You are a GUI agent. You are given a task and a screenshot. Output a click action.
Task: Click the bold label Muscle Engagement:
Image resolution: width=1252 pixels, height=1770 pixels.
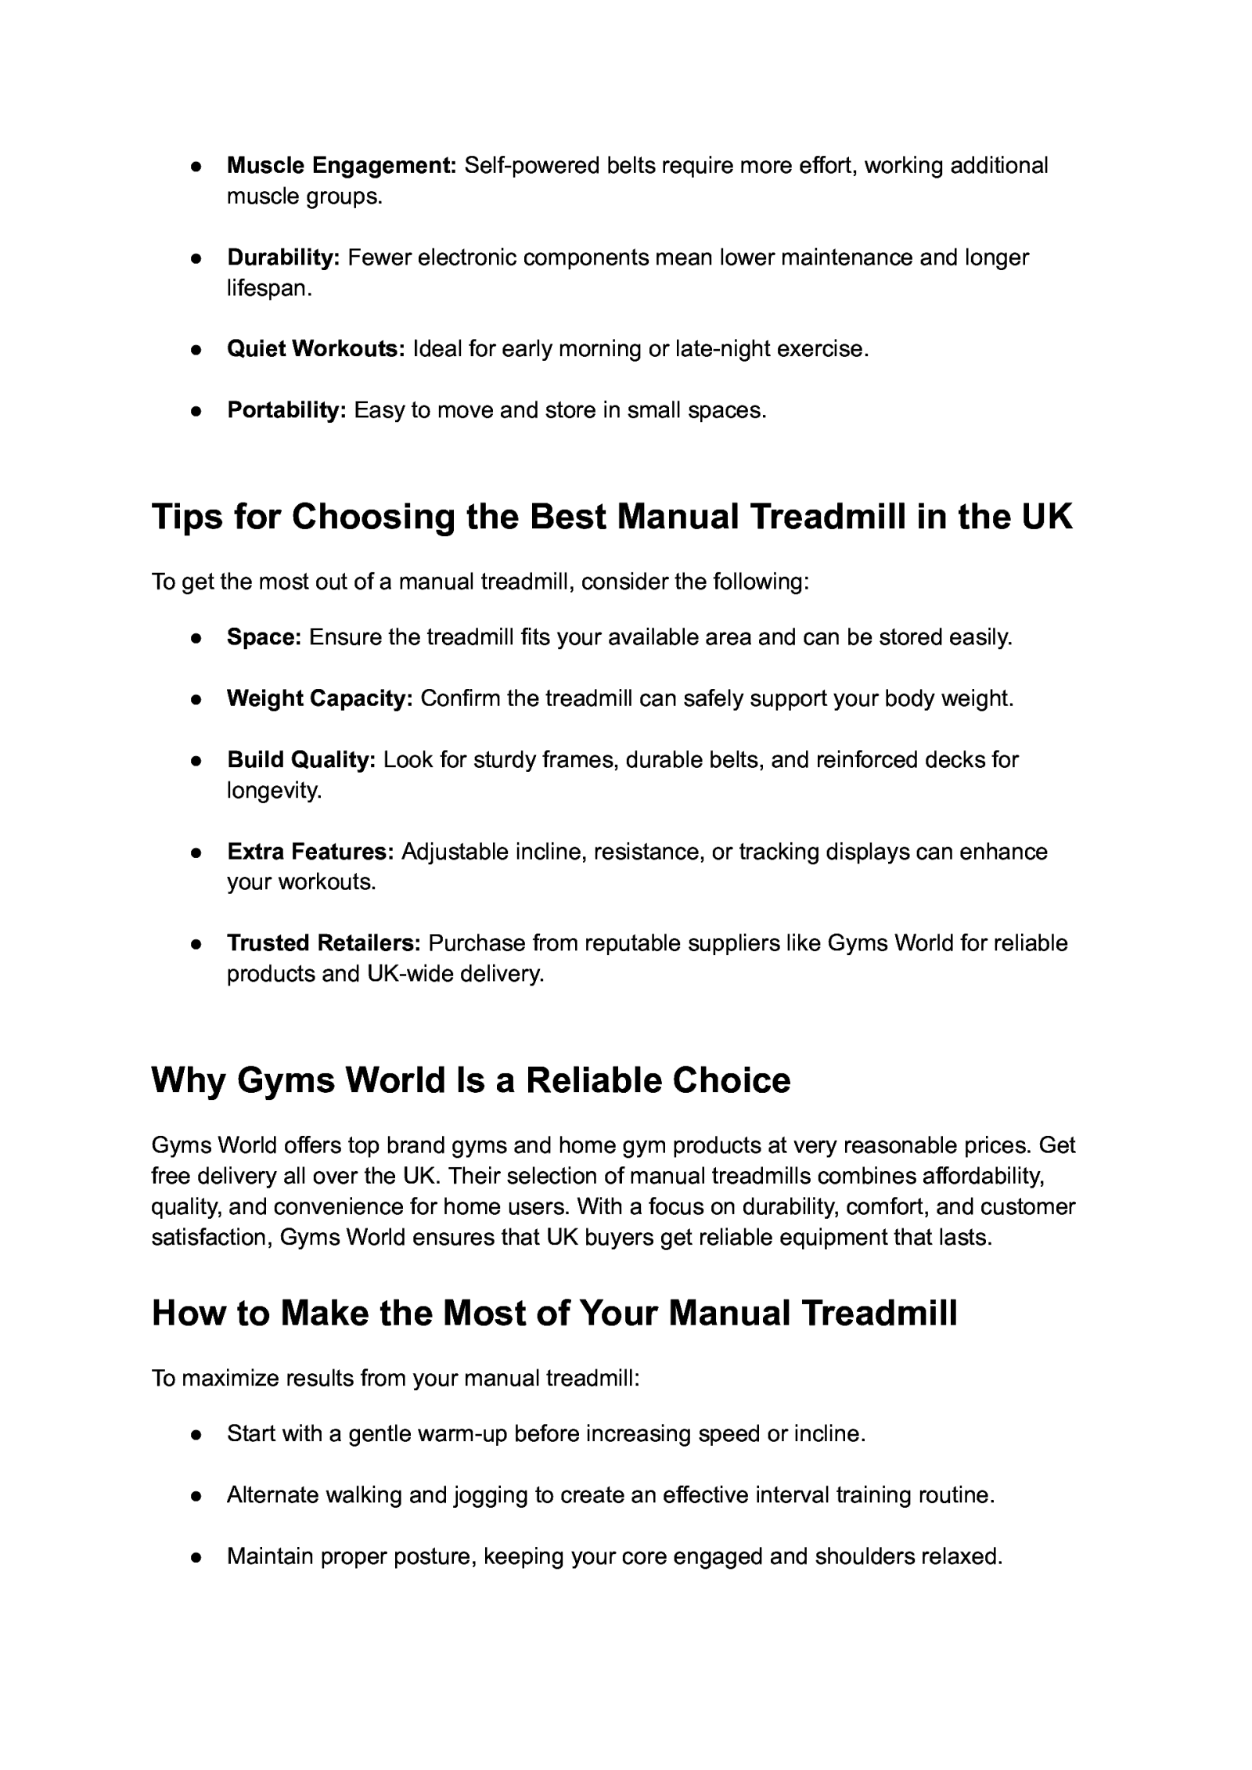[x=341, y=166]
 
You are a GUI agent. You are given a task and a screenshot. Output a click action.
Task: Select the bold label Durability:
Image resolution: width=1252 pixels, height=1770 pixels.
[x=283, y=258]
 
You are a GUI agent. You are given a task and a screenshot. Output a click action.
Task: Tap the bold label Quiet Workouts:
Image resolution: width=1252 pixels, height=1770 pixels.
[x=315, y=349]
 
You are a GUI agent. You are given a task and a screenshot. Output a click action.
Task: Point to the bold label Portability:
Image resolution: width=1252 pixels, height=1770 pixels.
[x=286, y=410]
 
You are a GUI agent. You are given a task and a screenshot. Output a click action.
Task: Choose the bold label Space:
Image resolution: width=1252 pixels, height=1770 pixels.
[x=264, y=637]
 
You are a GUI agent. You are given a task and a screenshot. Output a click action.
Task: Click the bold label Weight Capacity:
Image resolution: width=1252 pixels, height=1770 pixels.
[x=319, y=698]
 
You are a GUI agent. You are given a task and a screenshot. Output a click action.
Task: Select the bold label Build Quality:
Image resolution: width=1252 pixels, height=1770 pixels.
[x=301, y=759]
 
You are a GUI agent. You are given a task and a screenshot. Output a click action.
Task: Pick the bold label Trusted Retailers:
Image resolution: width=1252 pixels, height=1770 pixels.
[x=324, y=943]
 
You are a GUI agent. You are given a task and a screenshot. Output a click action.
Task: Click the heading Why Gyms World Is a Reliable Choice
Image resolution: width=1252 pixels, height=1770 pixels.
[x=470, y=1080]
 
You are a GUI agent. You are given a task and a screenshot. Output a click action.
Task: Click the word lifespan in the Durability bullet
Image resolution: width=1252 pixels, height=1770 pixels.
[x=268, y=289]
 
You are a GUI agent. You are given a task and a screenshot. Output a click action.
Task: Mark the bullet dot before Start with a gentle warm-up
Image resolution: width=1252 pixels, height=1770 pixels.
[x=196, y=1434]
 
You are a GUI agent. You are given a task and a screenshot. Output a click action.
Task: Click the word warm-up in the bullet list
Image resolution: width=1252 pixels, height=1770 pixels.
[x=462, y=1434]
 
